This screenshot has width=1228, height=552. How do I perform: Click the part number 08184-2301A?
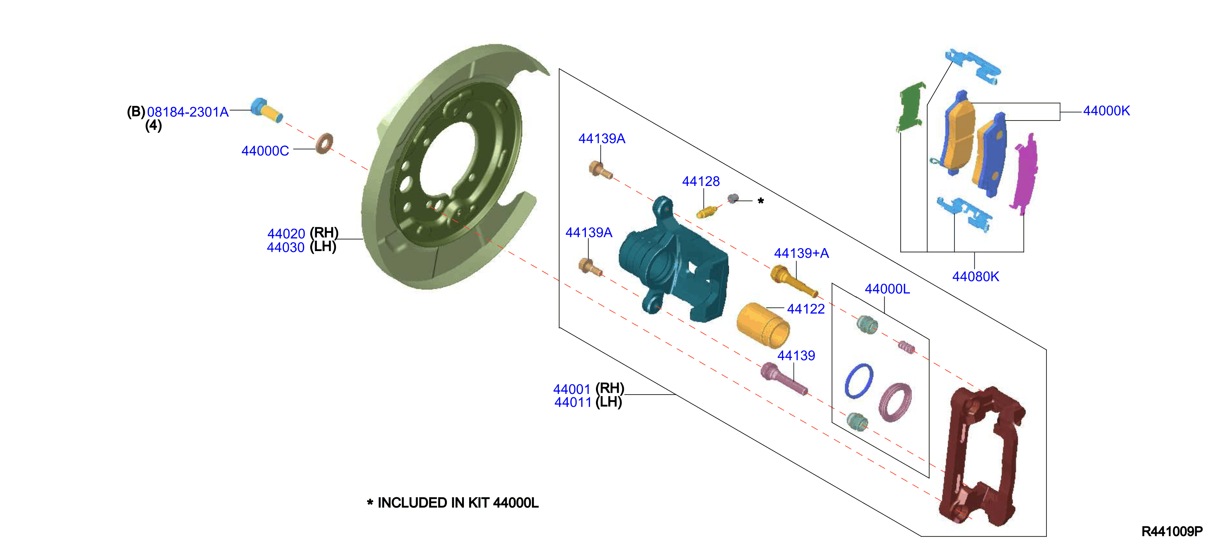click(x=188, y=112)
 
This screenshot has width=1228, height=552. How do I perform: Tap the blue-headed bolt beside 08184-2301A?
click(x=267, y=110)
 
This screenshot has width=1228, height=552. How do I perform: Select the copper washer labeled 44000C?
click(x=324, y=144)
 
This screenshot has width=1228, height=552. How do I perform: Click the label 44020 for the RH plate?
click(x=286, y=234)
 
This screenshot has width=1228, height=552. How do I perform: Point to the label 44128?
click(x=701, y=181)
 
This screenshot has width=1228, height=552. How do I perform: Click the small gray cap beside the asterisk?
click(x=733, y=198)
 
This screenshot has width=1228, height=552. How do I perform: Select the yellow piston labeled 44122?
click(x=763, y=325)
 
